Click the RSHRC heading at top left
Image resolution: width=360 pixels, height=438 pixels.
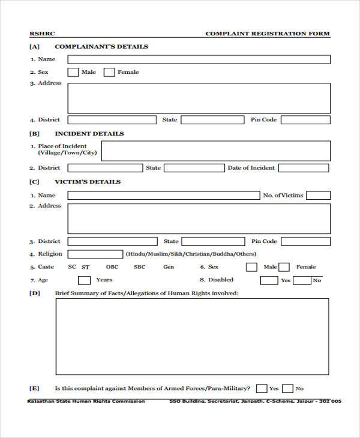[41, 34]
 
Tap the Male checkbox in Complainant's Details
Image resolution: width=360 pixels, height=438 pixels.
[73, 73]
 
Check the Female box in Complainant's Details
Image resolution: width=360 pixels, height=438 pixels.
[109, 73]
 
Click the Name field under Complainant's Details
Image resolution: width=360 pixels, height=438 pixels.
[199, 59]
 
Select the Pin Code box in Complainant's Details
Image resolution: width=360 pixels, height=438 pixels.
[305, 120]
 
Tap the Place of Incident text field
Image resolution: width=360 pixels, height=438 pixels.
[215, 151]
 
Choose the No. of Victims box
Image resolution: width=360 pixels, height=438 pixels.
[319, 196]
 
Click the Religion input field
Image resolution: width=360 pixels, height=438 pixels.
[95, 254]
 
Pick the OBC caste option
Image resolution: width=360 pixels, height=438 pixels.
[112, 267]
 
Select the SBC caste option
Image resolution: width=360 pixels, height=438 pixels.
[139, 267]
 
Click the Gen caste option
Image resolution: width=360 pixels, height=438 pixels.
[169, 267]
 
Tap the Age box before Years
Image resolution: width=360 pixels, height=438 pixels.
[85, 280]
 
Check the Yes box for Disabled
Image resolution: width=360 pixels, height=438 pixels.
[268, 280]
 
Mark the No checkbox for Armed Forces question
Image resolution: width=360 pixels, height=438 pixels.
[288, 388]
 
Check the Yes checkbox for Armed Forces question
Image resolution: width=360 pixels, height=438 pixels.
[262, 388]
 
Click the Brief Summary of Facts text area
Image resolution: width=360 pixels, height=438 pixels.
[192, 336]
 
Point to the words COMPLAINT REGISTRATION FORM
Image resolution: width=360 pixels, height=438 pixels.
[268, 34]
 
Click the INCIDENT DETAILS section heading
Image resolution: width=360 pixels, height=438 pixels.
[89, 134]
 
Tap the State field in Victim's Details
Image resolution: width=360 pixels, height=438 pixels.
[212, 242]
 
